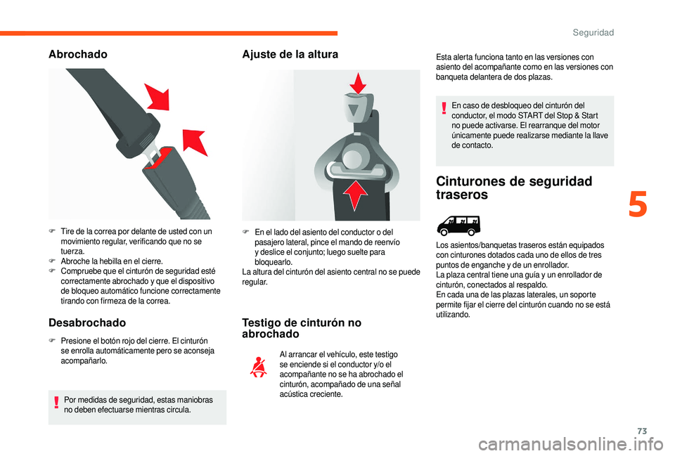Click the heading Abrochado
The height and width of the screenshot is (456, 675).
pos(78,54)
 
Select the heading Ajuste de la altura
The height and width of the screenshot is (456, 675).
pos(290,54)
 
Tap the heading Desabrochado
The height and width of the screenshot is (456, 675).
pos(87,323)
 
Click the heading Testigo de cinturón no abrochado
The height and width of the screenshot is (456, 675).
pos(302,328)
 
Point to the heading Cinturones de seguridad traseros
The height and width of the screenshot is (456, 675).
pos(514,188)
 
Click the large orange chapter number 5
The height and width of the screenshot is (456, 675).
pos(638,204)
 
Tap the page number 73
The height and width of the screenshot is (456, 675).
pos(642,431)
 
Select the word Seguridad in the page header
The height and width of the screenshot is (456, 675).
pos(593,33)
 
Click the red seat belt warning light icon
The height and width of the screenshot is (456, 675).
pos(259,367)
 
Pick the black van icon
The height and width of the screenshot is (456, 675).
pos(458,226)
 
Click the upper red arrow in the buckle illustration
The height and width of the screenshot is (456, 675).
pos(157,97)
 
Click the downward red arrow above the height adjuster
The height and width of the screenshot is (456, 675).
pos(358,83)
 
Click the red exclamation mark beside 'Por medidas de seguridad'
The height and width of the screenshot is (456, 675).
pos(56,402)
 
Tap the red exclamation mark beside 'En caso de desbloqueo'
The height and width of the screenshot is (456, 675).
pos(444,108)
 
